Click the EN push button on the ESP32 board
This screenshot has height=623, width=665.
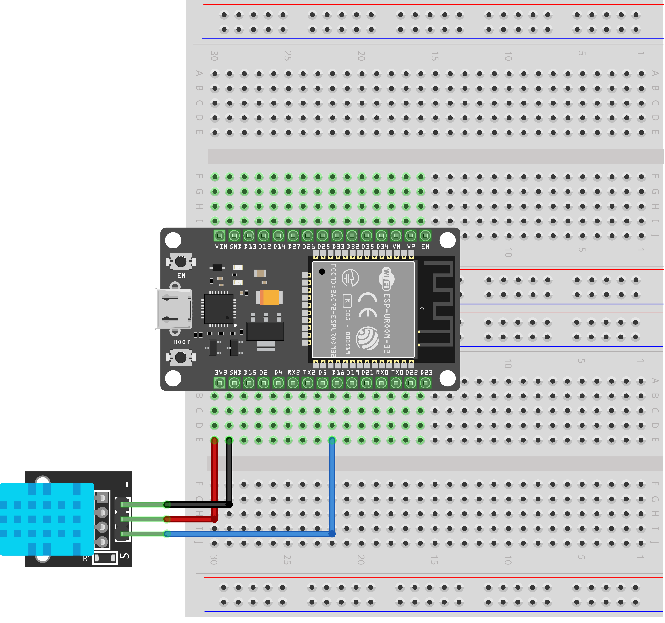[x=181, y=261]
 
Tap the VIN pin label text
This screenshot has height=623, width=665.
[x=221, y=246]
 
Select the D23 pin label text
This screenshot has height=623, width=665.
[x=426, y=372]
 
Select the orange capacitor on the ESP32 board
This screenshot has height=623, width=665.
[x=269, y=297]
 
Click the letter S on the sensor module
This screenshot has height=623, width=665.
[x=125, y=556]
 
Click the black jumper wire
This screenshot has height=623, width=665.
[x=229, y=476]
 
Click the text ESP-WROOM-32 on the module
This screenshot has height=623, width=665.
[x=387, y=323]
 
